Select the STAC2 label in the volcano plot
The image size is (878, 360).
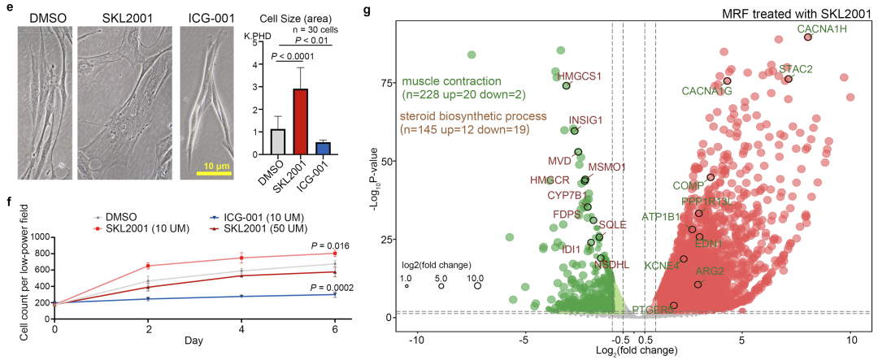795,69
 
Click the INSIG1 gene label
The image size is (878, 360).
585,120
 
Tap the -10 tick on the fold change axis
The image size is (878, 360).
417,338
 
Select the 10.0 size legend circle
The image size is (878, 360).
478,285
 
